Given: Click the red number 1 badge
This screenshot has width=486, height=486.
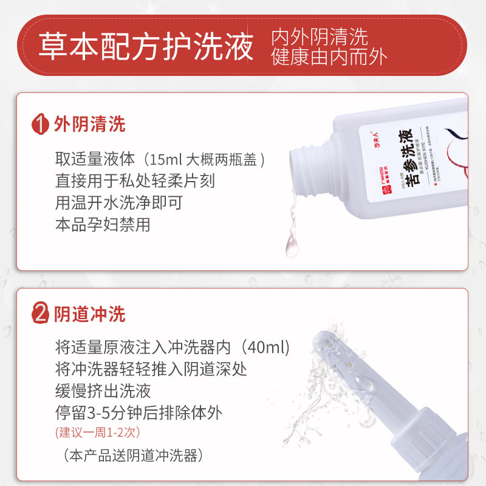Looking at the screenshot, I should (x=40, y=125).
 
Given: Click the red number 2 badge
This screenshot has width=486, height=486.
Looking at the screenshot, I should (x=40, y=315).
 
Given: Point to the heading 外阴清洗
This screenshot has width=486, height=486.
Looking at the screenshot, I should (x=90, y=125).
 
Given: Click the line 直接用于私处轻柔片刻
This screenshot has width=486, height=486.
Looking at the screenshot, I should (x=134, y=182).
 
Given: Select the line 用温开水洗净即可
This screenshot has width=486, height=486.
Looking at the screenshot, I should (x=118, y=203).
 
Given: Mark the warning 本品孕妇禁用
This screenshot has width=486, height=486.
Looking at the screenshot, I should (x=102, y=224).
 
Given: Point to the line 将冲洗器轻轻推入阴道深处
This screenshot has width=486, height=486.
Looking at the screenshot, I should (x=151, y=369).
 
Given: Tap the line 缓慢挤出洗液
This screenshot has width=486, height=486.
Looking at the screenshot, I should (x=103, y=391).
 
